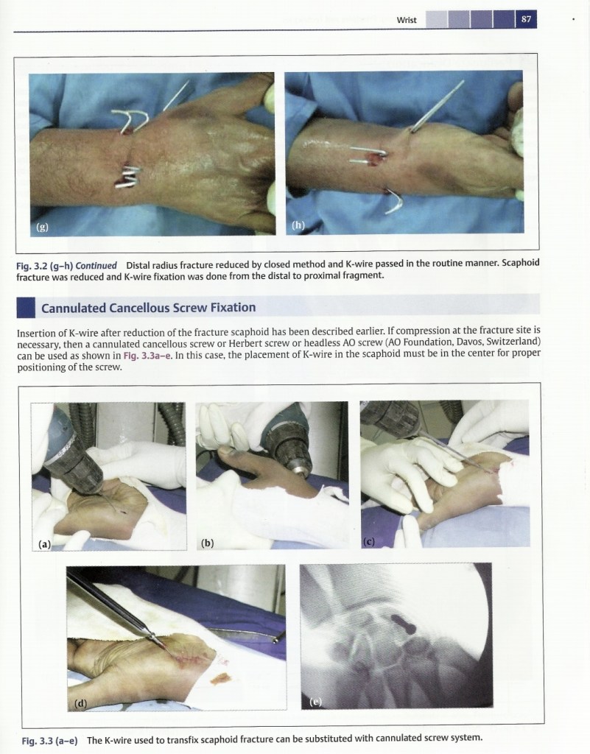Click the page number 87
click(526, 19)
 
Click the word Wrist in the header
click(407, 20)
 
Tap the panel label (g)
click(42, 227)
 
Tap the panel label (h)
click(298, 225)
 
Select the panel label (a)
click(45, 544)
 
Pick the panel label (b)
click(207, 543)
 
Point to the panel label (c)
click(368, 542)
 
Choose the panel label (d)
click(81, 703)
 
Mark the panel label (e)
click(315, 702)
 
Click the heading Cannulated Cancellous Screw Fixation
click(148, 308)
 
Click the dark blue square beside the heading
click(26, 308)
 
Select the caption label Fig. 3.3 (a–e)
click(49, 740)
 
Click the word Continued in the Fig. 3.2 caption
click(96, 265)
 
